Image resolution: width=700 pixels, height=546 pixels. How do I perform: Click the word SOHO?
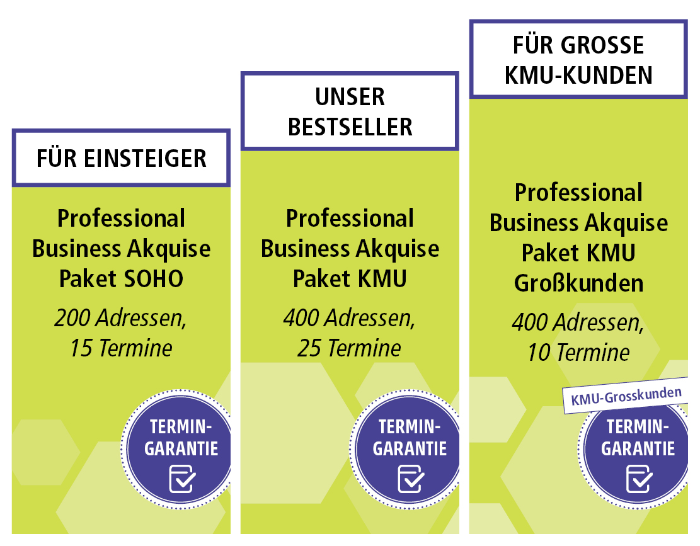(x=152, y=279)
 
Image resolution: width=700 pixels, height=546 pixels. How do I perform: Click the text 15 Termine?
(x=121, y=348)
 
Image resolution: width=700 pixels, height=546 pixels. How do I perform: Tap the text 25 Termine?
(x=350, y=348)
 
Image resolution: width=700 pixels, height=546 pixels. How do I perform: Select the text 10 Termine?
(x=578, y=353)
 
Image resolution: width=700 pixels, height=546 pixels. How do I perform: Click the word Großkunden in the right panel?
(x=578, y=283)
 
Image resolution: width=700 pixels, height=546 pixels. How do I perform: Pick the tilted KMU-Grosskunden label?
(x=626, y=395)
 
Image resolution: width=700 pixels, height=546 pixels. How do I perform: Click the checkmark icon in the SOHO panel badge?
(x=182, y=479)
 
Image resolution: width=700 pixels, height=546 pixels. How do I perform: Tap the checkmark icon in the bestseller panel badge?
(x=411, y=479)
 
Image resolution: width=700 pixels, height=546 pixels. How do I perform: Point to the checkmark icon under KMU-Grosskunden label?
(x=640, y=479)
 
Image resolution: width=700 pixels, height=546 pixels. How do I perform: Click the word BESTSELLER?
(x=350, y=127)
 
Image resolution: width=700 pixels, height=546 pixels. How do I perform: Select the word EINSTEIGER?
(x=145, y=158)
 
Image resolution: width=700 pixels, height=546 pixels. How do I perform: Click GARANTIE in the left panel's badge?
(x=181, y=449)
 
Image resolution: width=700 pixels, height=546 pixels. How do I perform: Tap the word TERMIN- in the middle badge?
(x=410, y=427)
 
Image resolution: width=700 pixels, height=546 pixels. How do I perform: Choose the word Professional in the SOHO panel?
(x=121, y=219)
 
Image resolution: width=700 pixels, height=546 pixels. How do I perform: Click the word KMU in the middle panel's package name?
(x=382, y=279)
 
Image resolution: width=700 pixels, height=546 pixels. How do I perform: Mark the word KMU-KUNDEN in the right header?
(x=578, y=75)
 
